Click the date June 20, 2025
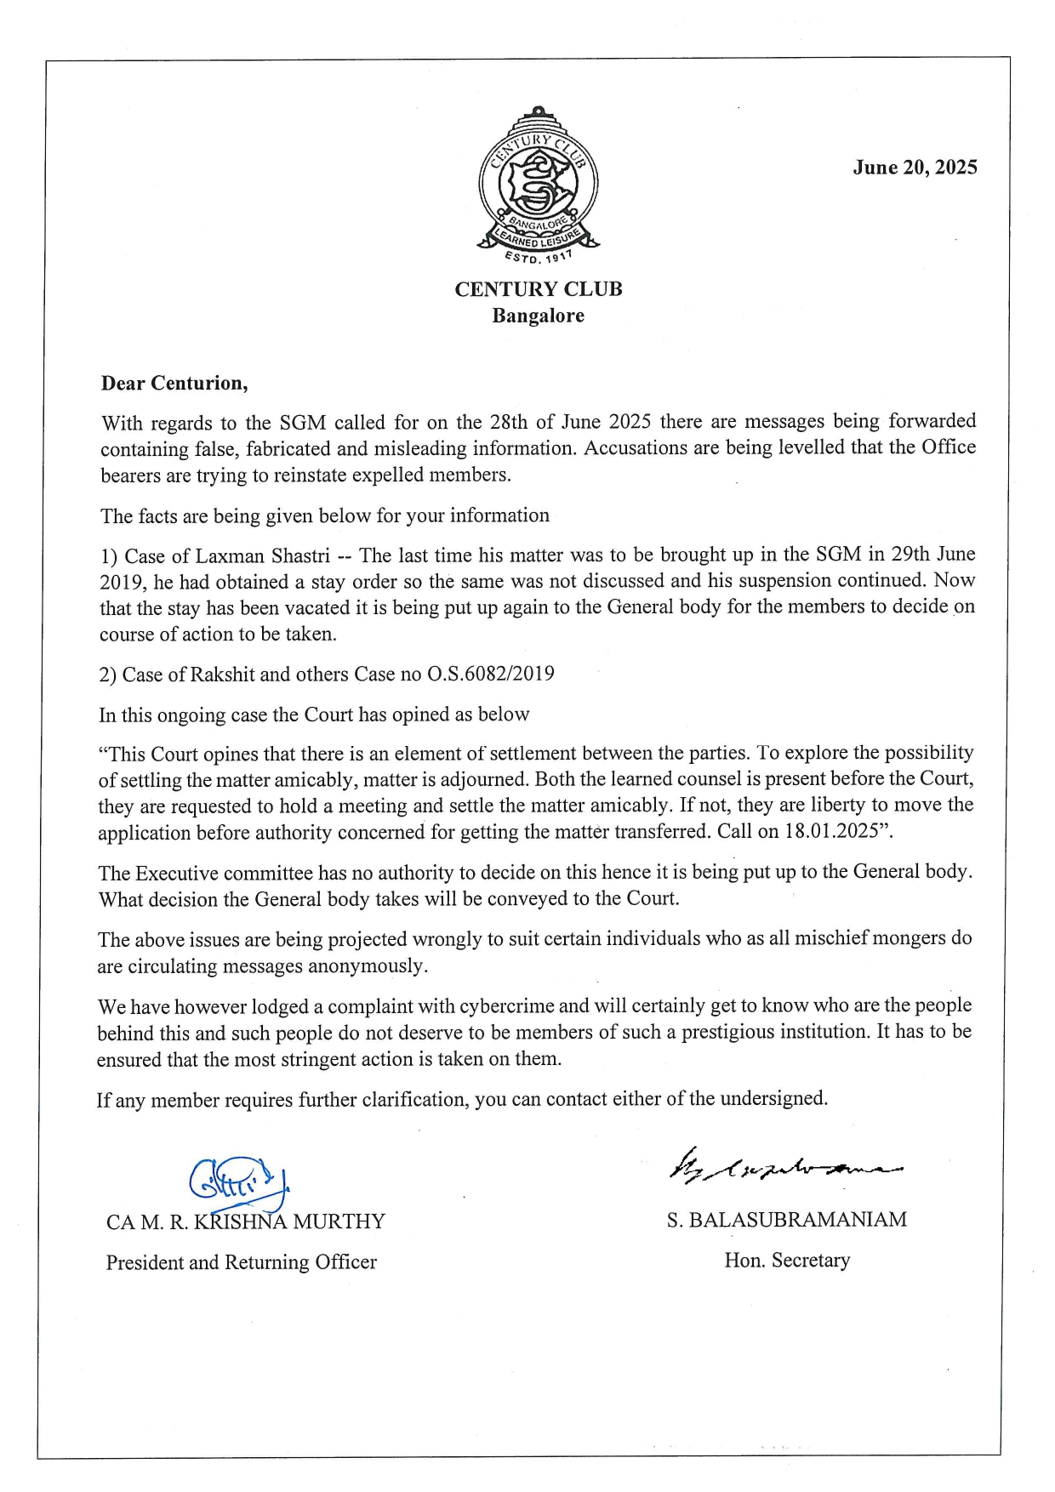pyautogui.click(x=915, y=168)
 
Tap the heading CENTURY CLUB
pyautogui.click(x=538, y=289)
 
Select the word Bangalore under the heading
pyautogui.click(x=538, y=316)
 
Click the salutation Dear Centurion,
pyautogui.click(x=174, y=383)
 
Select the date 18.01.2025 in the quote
pyautogui.click(x=831, y=831)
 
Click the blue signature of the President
pyautogui.click(x=239, y=1181)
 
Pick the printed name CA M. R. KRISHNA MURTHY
pyautogui.click(x=245, y=1222)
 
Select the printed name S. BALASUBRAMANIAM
pyautogui.click(x=786, y=1220)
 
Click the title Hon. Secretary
pyautogui.click(x=786, y=1260)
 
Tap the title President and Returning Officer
pyautogui.click(x=241, y=1262)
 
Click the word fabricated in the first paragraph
pyautogui.click(x=289, y=448)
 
